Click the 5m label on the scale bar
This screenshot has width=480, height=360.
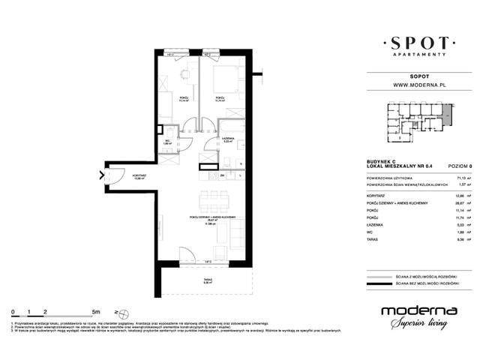click(96, 310)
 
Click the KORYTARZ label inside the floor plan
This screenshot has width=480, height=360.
click(117, 178)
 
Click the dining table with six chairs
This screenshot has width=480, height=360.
click(214, 200)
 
